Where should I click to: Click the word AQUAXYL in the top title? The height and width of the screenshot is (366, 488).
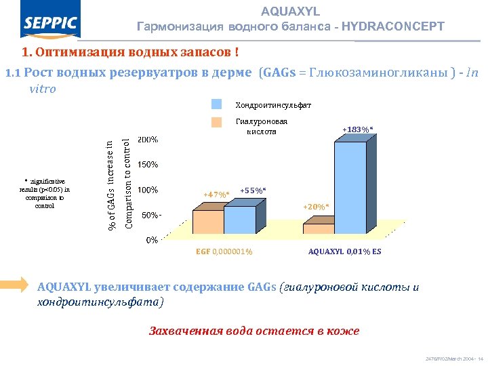291,12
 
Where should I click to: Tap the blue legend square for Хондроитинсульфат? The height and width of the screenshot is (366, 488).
216,104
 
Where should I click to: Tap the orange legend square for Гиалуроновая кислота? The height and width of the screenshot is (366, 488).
216,123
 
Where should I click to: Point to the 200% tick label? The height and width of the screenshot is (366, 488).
148,140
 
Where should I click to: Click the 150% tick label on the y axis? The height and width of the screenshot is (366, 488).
148,165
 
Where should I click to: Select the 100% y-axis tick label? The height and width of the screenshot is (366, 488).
148,190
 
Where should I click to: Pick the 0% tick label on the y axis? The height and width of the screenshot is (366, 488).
152,239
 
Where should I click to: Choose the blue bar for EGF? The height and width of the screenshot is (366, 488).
240,220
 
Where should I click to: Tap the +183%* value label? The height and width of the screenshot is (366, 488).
357,129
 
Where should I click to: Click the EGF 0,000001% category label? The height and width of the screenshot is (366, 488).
224,251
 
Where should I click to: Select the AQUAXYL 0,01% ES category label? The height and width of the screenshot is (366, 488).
344,251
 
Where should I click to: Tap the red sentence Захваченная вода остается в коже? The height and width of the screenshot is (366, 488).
253,331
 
